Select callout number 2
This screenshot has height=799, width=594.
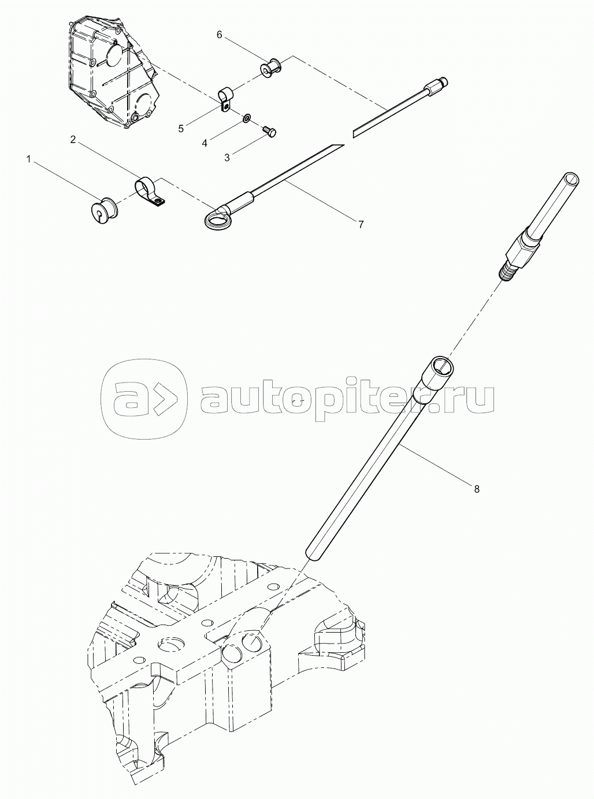73,139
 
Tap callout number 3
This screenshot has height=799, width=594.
227,158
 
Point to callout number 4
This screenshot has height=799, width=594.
205,143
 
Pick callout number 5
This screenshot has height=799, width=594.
181,128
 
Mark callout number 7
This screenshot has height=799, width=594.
361,224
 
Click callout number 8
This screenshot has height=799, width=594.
477,489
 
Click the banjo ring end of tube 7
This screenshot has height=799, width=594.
216,220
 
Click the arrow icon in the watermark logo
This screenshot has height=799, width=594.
168,397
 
